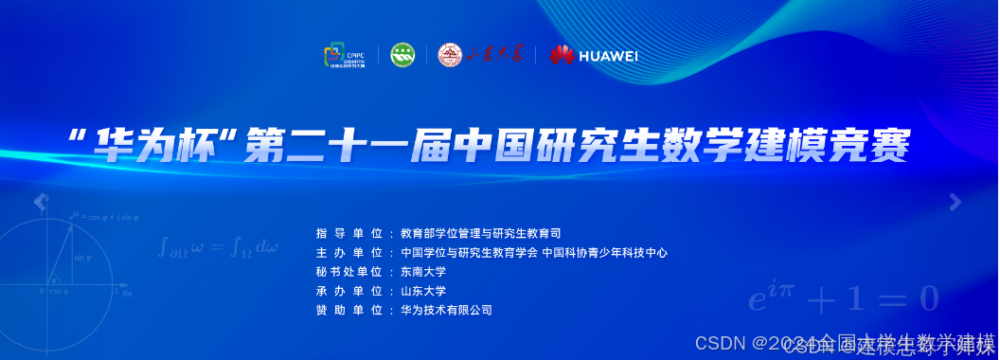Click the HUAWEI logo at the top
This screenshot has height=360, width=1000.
pos(594,55)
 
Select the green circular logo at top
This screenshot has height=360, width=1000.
pos(403,55)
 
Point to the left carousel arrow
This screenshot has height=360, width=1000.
pos(40,201)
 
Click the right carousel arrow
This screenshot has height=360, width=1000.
pos(955,201)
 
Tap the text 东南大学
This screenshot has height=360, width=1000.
pos(423,272)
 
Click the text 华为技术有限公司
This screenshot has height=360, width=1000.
pos(446,310)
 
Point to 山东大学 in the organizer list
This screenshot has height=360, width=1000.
pos(423,291)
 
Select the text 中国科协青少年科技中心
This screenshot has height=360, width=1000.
pos(605,253)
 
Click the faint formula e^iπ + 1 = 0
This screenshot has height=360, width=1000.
pos(843,298)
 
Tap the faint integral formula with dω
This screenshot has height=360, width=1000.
pos(219,248)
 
